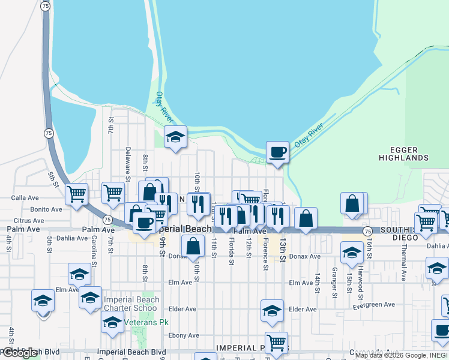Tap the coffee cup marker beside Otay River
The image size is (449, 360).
point(277,152)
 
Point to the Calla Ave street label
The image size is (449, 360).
point(25,197)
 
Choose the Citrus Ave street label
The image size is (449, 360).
point(24,221)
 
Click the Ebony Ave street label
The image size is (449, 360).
point(184,335)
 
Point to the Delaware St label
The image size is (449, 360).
point(128,164)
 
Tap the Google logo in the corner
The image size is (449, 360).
point(20,353)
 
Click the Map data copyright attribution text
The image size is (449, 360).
point(401,355)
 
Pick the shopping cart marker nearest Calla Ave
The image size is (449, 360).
point(76,194)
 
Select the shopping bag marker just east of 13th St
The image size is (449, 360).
point(306,219)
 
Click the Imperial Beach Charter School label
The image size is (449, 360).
point(131,304)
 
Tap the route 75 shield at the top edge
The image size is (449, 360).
point(46,5)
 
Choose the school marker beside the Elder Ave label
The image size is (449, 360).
point(272,311)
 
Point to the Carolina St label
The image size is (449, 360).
point(94,247)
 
